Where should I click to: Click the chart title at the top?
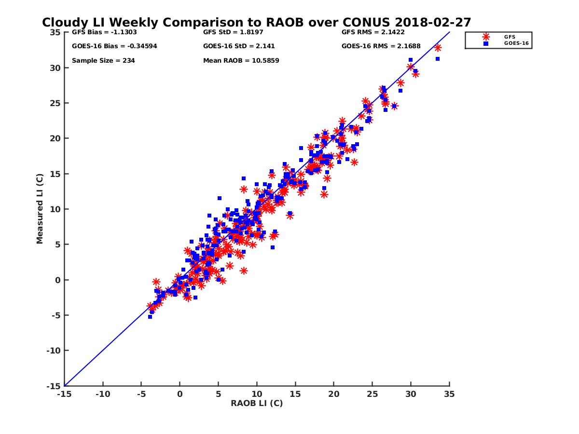pos(257,23)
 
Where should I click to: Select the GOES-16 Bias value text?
pos(114,46)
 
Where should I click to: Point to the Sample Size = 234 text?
pos(103,61)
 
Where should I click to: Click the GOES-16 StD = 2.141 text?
pos(239,46)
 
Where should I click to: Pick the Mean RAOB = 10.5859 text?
pos(241,61)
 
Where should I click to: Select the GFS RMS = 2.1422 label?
pos(373,32)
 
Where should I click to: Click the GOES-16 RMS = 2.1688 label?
pos(381,46)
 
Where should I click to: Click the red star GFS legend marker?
pos(486,37)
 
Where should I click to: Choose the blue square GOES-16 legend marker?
pos(486,43)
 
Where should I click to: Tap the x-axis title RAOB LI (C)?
pos(257,403)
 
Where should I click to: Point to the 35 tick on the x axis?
pos(450,394)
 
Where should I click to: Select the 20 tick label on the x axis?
pos(334,394)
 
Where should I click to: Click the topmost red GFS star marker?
pos(438,48)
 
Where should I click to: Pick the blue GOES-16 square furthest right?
pos(438,59)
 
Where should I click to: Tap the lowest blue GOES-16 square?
pos(150,317)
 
